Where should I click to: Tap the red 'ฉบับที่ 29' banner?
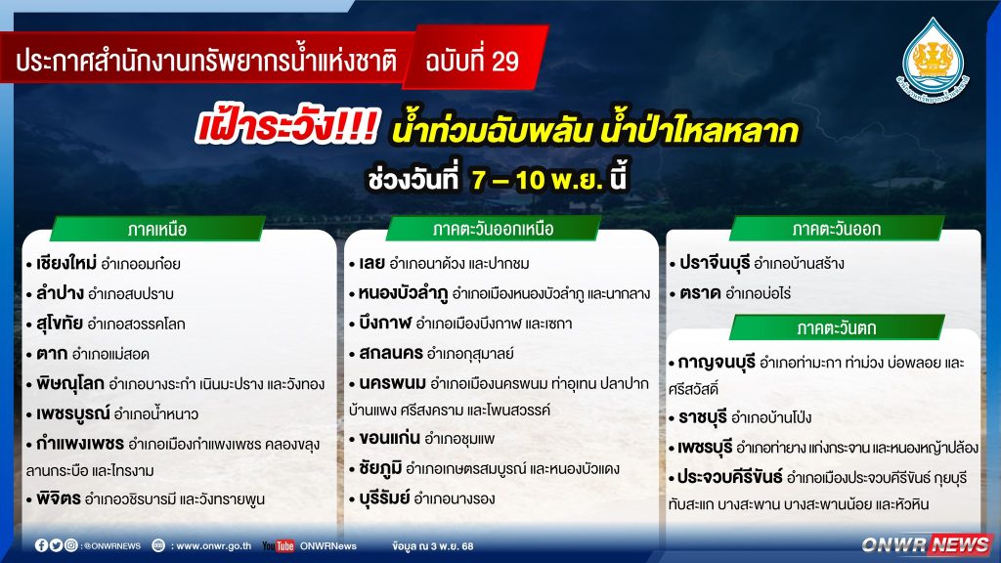point(475,59)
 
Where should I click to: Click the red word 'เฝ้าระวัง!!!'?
point(288,126)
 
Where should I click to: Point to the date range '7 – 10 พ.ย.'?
point(537,180)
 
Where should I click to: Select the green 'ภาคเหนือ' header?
point(157,229)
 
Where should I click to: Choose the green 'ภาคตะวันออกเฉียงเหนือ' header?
point(493,229)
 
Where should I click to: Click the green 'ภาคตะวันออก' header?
point(837,229)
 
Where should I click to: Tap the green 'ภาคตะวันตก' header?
point(837,327)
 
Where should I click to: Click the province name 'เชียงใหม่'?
point(66,263)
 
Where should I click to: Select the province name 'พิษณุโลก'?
point(69,383)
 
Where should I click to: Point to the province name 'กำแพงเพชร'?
point(80,443)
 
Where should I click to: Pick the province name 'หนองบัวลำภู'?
point(403,293)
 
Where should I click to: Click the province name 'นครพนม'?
point(392,383)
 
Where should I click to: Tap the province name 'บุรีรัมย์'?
point(383,498)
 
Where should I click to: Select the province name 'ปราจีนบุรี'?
point(715,263)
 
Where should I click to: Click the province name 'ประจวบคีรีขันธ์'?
point(729,477)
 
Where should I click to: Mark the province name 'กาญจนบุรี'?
point(716,363)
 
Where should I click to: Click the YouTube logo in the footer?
point(279,545)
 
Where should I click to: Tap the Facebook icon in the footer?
point(41,545)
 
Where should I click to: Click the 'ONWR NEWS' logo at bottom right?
point(927,544)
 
